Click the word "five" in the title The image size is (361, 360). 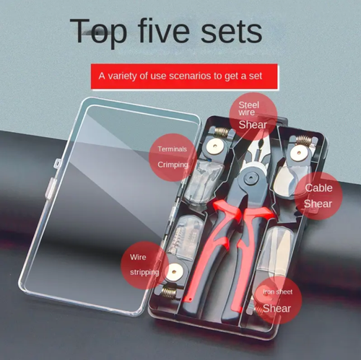pyautogui.click(x=164, y=30)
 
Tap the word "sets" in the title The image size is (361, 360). pyautogui.click(x=231, y=32)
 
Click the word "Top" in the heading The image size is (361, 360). pyautogui.click(x=98, y=33)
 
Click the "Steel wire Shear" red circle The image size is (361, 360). pyautogui.click(x=253, y=116)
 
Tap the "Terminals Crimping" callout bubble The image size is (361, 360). pyautogui.click(x=173, y=157)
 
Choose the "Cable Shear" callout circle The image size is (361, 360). pyautogui.click(x=318, y=196)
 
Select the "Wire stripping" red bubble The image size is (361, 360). pyautogui.click(x=144, y=265)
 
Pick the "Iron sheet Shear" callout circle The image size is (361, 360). pyautogui.click(x=278, y=300)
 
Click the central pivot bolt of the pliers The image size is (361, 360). pyautogui.click(x=251, y=178)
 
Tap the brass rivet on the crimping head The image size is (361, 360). pyautogui.click(x=215, y=146)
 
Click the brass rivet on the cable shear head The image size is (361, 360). pyautogui.click(x=298, y=153)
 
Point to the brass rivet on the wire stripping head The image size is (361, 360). pyautogui.click(x=175, y=272)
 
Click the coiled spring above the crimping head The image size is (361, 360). pyautogui.click(x=222, y=131)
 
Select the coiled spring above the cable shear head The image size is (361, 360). pyautogui.click(x=304, y=139)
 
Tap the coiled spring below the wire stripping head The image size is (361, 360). pyautogui.click(x=169, y=293)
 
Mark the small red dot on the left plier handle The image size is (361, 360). pyautogui.click(x=190, y=299)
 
